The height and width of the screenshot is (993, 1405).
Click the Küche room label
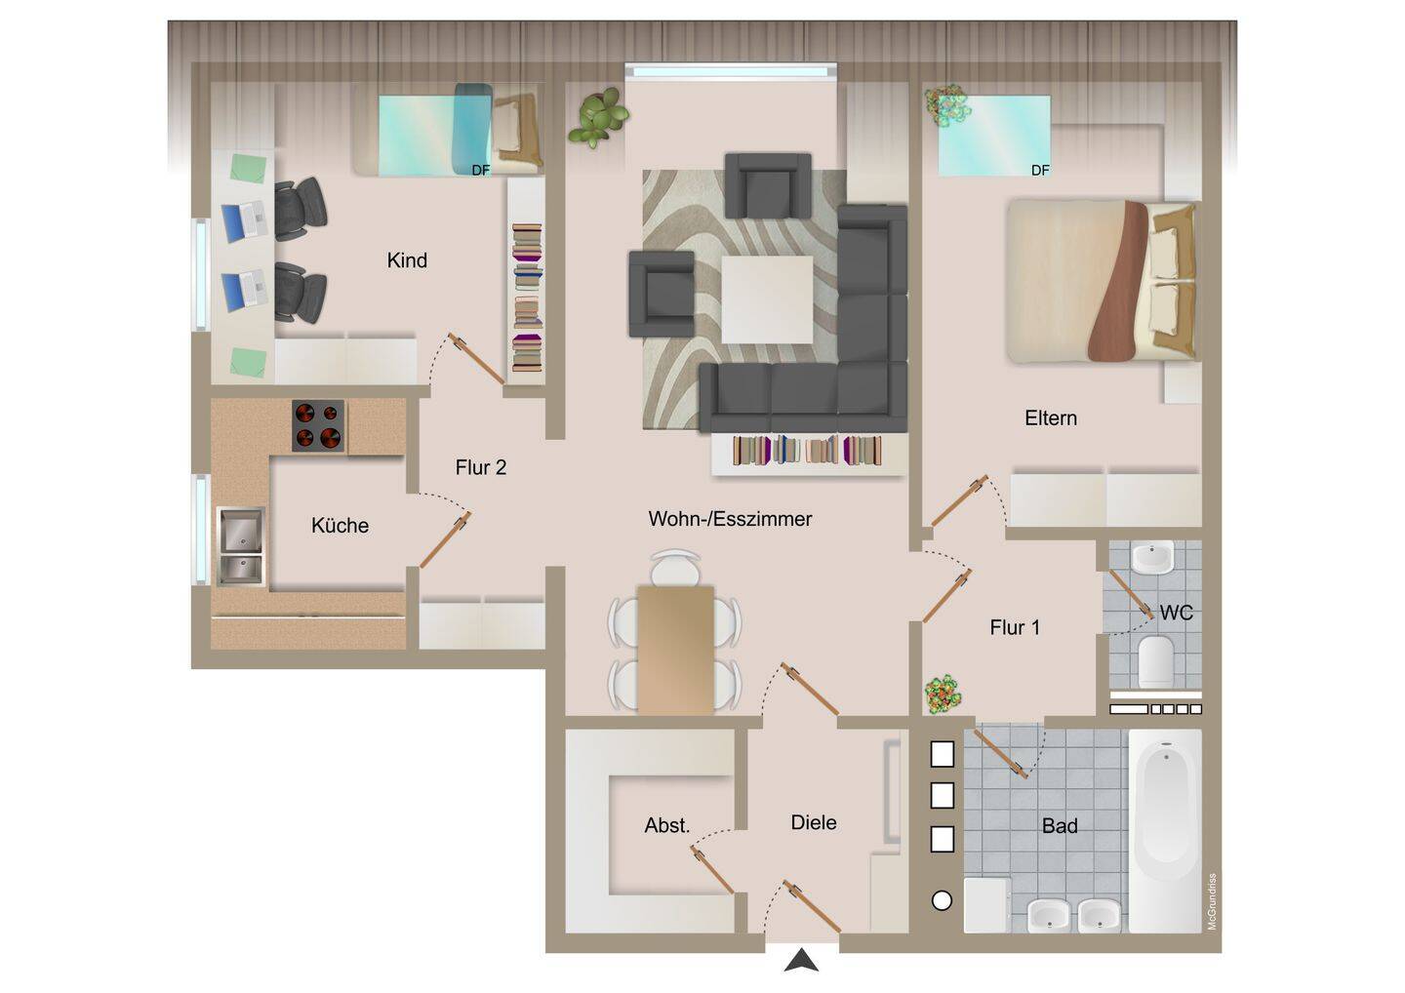[x=340, y=526]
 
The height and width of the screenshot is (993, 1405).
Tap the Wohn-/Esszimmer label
[x=730, y=519]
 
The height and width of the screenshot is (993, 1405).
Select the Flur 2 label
[x=480, y=467]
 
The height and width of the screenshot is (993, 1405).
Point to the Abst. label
[x=666, y=825]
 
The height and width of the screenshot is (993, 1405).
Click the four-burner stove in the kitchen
[x=318, y=426]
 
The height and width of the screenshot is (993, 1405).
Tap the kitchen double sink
[x=240, y=545]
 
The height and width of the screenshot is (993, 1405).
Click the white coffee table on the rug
[x=767, y=298]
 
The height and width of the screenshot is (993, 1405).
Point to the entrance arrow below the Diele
[x=802, y=961]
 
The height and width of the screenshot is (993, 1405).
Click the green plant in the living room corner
[x=598, y=117]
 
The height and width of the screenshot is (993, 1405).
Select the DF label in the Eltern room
[x=1040, y=171]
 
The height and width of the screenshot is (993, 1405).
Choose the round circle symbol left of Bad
[x=942, y=901]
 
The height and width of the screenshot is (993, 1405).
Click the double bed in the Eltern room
[x=1103, y=281]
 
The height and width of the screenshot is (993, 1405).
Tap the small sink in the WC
[x=1152, y=559]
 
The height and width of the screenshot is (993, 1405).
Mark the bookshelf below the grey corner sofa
[x=808, y=452]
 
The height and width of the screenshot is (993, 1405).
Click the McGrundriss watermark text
[x=1212, y=901]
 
